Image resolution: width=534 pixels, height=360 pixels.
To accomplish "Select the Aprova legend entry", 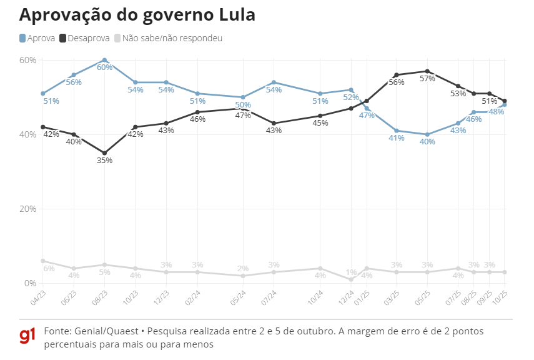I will pos(37,38).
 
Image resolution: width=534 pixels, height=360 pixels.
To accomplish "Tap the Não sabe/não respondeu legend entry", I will pos(167,38).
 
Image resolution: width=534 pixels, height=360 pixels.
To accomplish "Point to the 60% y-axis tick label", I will pos(28,60).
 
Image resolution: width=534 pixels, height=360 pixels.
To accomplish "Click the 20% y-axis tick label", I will pos(28,209).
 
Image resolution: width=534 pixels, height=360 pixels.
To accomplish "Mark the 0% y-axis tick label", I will pos(31,283).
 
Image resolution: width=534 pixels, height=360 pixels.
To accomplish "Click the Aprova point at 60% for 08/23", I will pos(104,60).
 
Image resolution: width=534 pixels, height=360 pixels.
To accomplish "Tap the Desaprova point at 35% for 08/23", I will pos(104,153).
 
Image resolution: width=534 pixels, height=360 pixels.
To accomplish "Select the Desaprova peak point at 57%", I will pos(427,71).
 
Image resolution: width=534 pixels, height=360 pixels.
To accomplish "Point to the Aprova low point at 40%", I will pos(427,134).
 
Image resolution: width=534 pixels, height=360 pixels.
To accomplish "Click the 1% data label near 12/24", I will pos(351,272).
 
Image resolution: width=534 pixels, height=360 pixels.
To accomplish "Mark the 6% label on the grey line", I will pos(49,269).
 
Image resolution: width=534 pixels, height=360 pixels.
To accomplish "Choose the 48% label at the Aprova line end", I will pos(497,112).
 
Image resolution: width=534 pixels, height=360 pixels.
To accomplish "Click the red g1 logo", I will pos(27,336).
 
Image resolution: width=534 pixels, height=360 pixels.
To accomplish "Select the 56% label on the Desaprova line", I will pos(397,82).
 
